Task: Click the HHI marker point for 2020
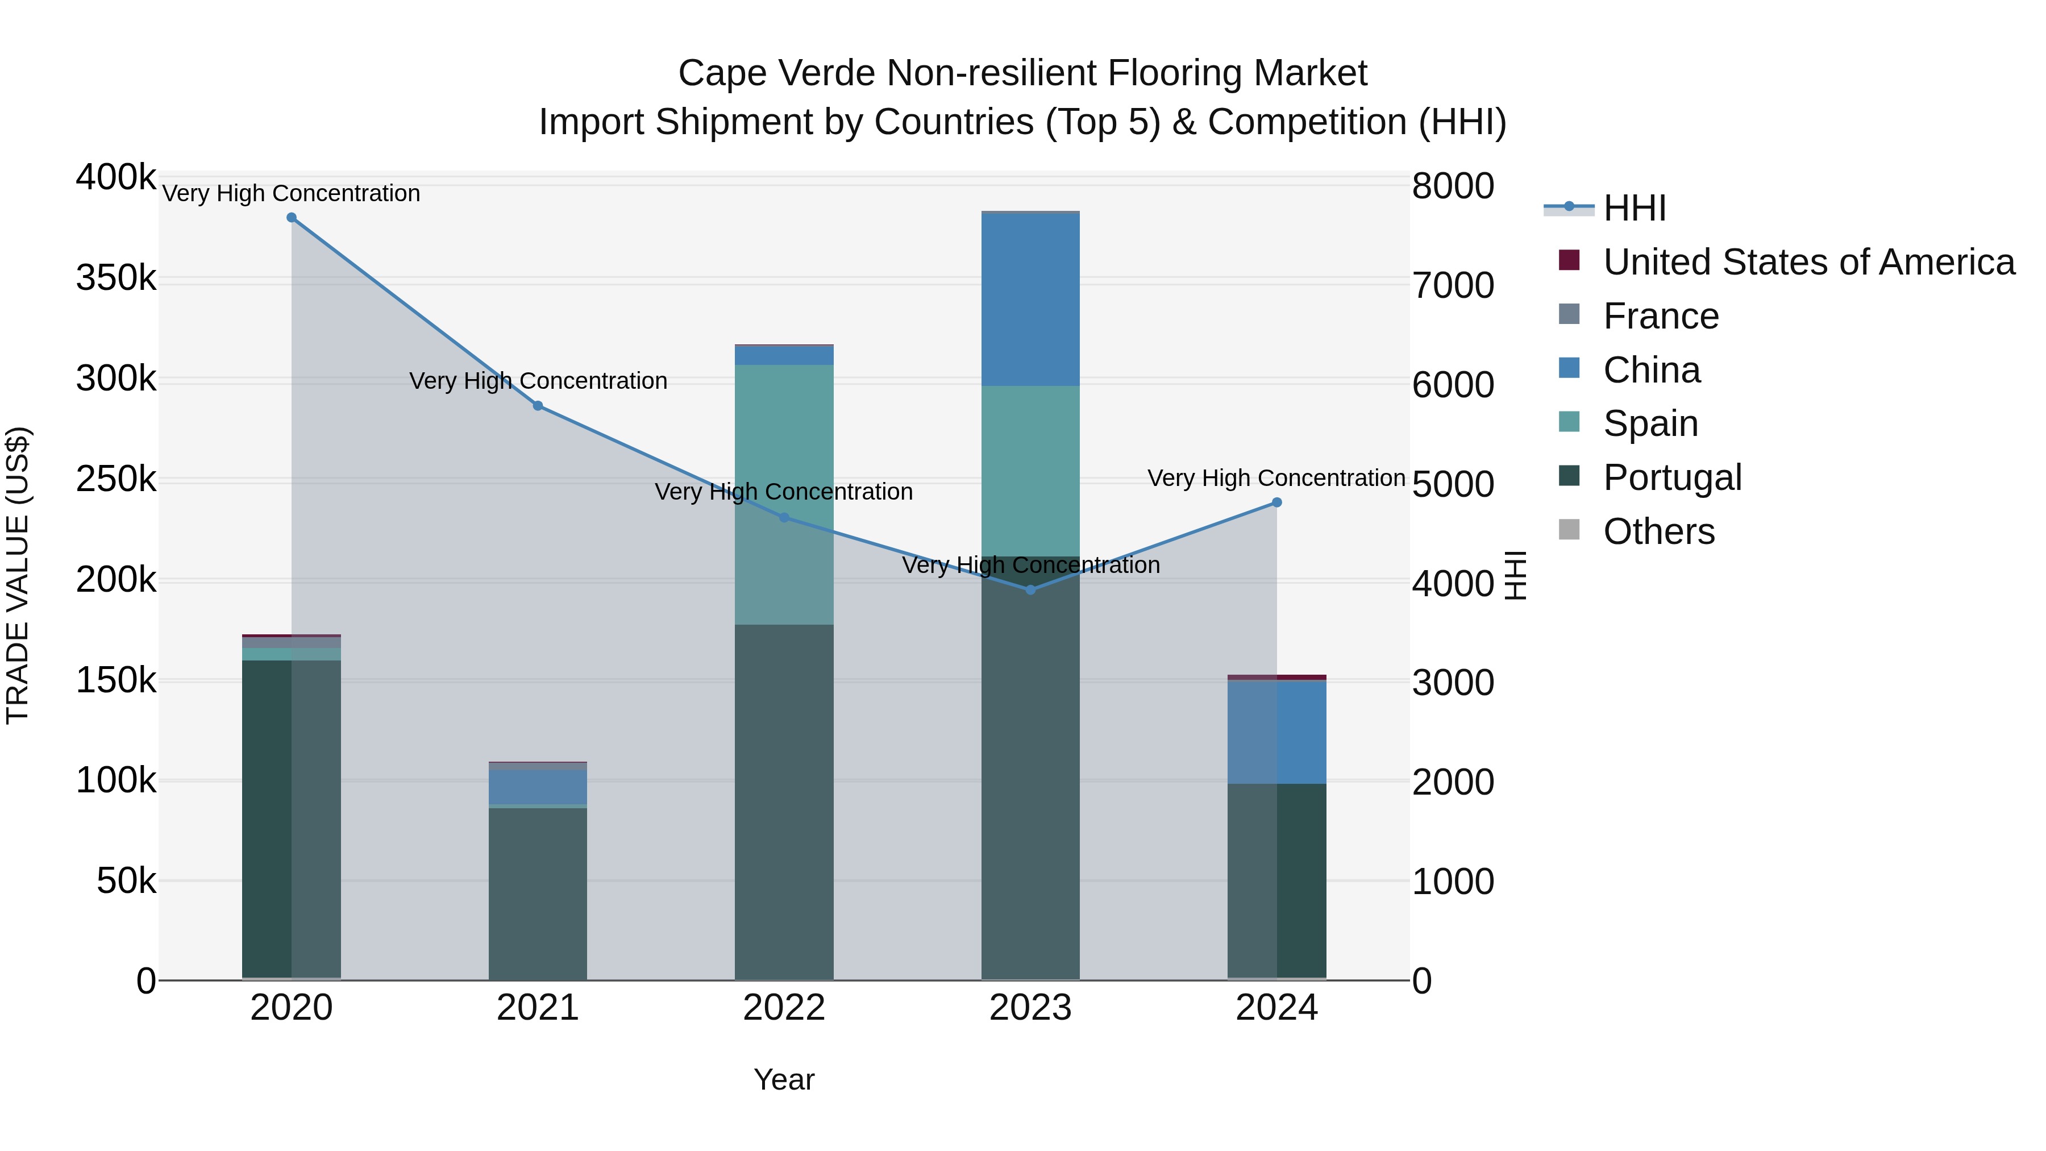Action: (292, 218)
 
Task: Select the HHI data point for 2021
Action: (538, 406)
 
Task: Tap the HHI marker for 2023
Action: (1031, 589)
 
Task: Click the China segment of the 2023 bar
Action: (1031, 300)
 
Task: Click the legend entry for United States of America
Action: (1808, 262)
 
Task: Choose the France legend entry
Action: (1660, 316)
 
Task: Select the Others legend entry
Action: (1658, 531)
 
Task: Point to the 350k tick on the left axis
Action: (116, 279)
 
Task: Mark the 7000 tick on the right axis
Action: (1453, 286)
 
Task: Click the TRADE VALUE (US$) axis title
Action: (18, 575)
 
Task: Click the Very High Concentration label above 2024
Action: (1276, 478)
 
